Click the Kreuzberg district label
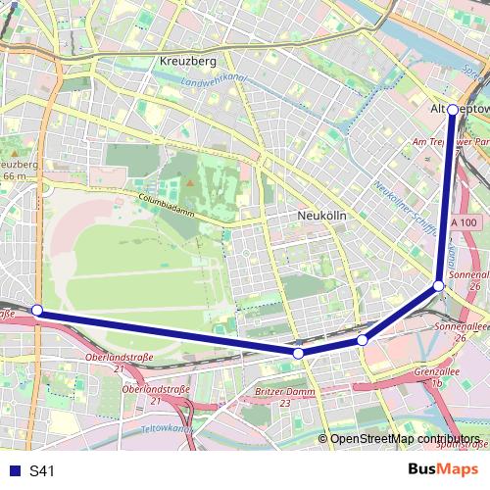click(186, 62)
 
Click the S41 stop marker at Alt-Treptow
click(453, 110)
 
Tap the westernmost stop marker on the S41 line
click(37, 310)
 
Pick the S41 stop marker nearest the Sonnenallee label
click(438, 285)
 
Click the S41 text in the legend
click(42, 471)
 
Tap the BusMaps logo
click(443, 470)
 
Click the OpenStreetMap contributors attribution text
click(405, 439)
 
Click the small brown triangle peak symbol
click(190, 182)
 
